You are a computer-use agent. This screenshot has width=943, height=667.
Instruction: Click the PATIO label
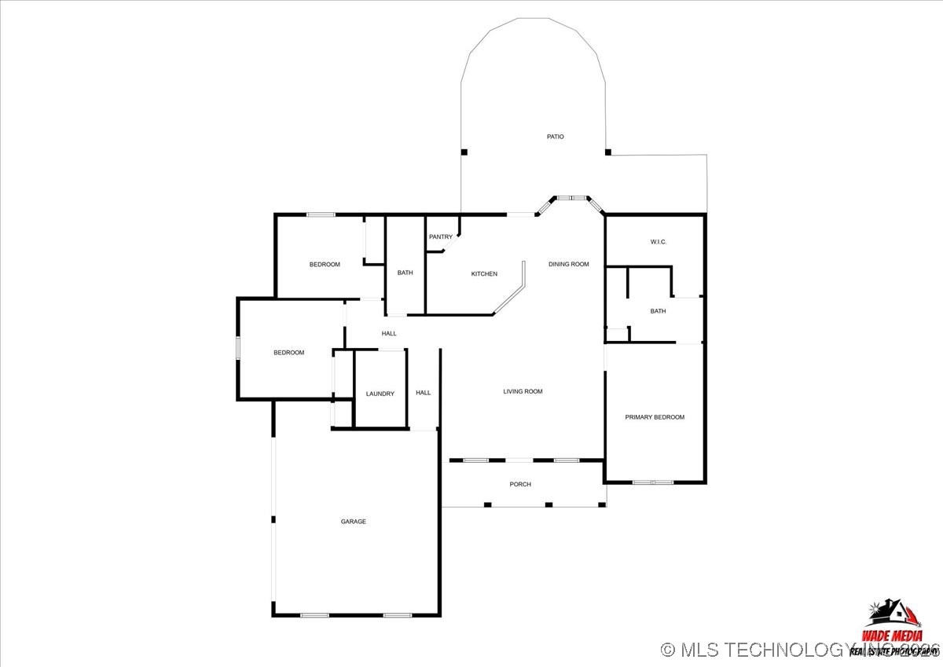click(x=555, y=137)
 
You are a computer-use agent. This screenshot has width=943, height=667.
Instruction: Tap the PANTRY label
click(x=440, y=236)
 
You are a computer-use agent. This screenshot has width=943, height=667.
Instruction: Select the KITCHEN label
click(x=484, y=273)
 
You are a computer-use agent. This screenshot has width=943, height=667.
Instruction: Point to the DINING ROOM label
click(x=568, y=264)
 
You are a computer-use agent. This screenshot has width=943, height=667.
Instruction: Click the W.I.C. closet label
click(x=658, y=241)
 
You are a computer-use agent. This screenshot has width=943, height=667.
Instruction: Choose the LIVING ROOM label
click(x=523, y=391)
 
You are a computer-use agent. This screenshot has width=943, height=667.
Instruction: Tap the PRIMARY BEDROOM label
click(x=654, y=417)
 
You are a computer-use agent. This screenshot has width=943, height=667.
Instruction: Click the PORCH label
click(x=520, y=484)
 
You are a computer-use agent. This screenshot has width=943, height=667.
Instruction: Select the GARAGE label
click(x=353, y=522)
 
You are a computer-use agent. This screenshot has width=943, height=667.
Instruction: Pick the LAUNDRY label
click(x=380, y=394)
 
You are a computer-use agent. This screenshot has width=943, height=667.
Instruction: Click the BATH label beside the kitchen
click(x=405, y=273)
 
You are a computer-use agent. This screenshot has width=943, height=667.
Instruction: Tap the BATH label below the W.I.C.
click(x=658, y=311)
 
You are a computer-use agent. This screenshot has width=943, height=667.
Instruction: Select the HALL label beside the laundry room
click(x=423, y=393)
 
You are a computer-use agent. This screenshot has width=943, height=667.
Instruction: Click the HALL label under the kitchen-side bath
click(x=389, y=333)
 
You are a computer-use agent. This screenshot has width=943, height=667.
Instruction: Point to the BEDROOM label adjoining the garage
click(x=288, y=353)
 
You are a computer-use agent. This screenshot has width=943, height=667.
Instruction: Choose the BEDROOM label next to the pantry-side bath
click(x=325, y=264)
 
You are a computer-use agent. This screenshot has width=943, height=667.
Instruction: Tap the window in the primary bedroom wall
click(x=653, y=482)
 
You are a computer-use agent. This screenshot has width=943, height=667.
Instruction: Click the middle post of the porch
click(x=549, y=504)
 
